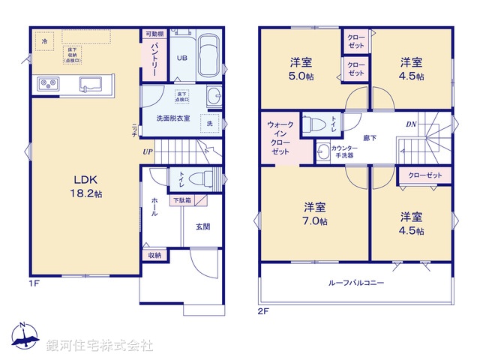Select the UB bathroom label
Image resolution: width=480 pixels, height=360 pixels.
coord(182,57)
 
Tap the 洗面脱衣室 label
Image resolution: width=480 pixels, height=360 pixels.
coord(172,118)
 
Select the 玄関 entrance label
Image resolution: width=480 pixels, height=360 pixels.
coord(203,226)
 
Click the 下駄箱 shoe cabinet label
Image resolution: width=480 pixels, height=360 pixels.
coord(181,200)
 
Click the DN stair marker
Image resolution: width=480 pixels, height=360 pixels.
coord(411,124)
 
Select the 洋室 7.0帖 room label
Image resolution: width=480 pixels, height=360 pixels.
coord(315,214)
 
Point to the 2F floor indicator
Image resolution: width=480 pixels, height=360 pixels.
coord(263,310)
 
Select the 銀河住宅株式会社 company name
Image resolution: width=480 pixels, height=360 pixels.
coord(99,346)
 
